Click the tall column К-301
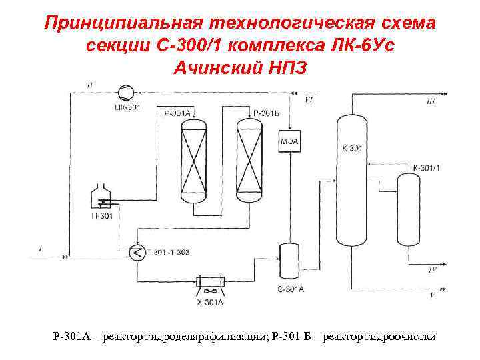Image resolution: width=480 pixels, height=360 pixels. coord(351,180)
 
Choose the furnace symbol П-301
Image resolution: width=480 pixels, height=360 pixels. coord(101,199)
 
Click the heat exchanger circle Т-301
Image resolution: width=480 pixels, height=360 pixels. coord(137,253)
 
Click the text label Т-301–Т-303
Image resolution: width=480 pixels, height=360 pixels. coord(167,252)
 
